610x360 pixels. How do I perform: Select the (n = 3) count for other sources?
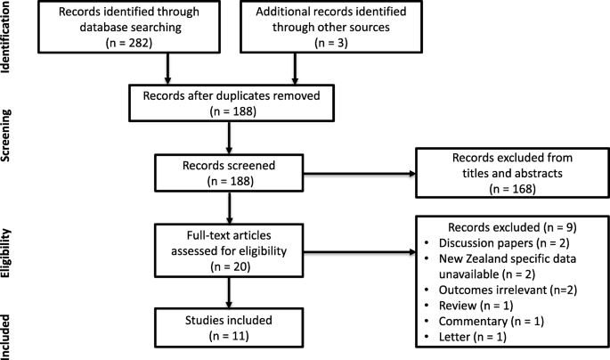click(331, 43)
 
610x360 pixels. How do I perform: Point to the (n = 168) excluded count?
click(512, 189)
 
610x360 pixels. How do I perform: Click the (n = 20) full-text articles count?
click(231, 266)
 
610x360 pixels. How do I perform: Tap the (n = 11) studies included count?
click(229, 335)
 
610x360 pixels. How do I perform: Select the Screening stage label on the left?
click(5, 135)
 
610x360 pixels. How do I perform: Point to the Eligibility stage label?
click(5, 253)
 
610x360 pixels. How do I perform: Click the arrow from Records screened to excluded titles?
click(360, 174)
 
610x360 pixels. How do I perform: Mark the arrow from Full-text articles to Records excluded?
click(360, 252)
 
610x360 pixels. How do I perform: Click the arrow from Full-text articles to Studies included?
click(229, 292)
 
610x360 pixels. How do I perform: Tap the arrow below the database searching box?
click(167, 69)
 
